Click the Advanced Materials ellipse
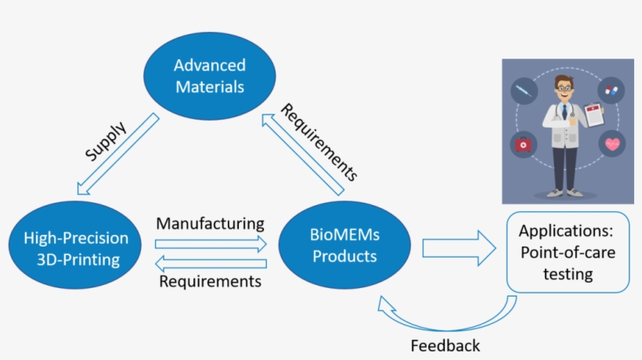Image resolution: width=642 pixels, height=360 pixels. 209,76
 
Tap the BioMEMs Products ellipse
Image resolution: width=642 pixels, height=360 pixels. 344,245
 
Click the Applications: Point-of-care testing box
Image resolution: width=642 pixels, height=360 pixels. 557,252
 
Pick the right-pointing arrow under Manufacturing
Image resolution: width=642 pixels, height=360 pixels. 211,244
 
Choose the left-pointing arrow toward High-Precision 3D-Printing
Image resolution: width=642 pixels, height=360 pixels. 211,264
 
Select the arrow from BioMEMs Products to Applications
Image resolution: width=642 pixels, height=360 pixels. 459,248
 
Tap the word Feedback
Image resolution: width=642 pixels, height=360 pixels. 445,345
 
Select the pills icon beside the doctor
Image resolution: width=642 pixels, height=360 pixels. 611,91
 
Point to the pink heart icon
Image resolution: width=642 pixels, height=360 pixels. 611,145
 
